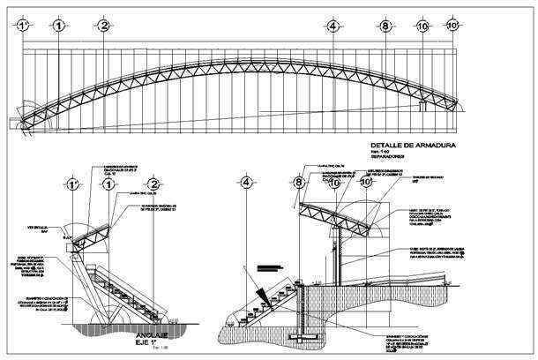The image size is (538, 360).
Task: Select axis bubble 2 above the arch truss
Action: coord(104,26)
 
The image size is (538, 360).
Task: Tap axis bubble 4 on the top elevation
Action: coord(333,26)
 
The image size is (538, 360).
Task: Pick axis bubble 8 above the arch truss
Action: coord(385,26)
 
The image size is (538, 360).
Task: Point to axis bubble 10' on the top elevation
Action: coord(452,26)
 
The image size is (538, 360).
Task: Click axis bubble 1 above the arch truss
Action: coord(58,26)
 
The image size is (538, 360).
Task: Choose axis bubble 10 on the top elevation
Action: coord(422,27)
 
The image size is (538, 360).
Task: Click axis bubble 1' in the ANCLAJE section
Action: coord(73,185)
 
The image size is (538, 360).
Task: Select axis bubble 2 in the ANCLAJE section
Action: coord(153,185)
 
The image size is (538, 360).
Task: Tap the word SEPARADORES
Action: coord(389,158)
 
